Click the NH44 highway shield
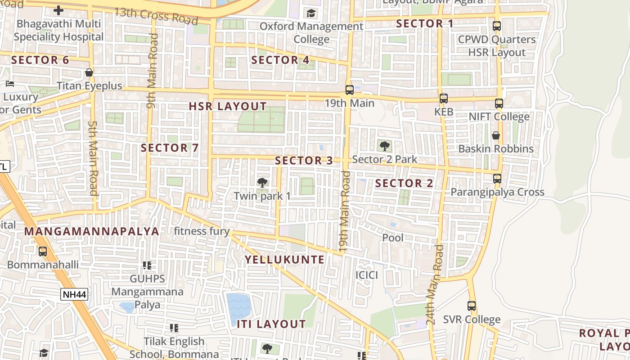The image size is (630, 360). (x=75, y=295)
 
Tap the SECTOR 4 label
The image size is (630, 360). (x=280, y=60)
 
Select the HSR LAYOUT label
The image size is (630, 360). (x=228, y=107)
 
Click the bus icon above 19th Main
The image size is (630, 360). (x=350, y=90)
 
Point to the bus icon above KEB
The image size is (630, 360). (x=444, y=99)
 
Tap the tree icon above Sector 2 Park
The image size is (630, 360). (x=384, y=146)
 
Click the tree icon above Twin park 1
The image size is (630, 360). (x=262, y=183)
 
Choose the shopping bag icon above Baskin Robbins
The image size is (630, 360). (x=496, y=135)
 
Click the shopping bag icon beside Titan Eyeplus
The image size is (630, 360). (x=89, y=72)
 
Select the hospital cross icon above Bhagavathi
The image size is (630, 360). (x=58, y=10)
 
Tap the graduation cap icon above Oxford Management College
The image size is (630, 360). (x=311, y=13)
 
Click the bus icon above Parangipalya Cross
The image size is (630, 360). (x=497, y=179)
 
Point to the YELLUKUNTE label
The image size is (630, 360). (x=284, y=260)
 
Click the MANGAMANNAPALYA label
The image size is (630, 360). (x=92, y=231)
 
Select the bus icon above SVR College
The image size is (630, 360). (x=472, y=306)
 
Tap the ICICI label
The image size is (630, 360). (x=367, y=275)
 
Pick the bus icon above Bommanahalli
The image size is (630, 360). (x=43, y=252)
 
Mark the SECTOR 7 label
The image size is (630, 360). (x=170, y=148)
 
